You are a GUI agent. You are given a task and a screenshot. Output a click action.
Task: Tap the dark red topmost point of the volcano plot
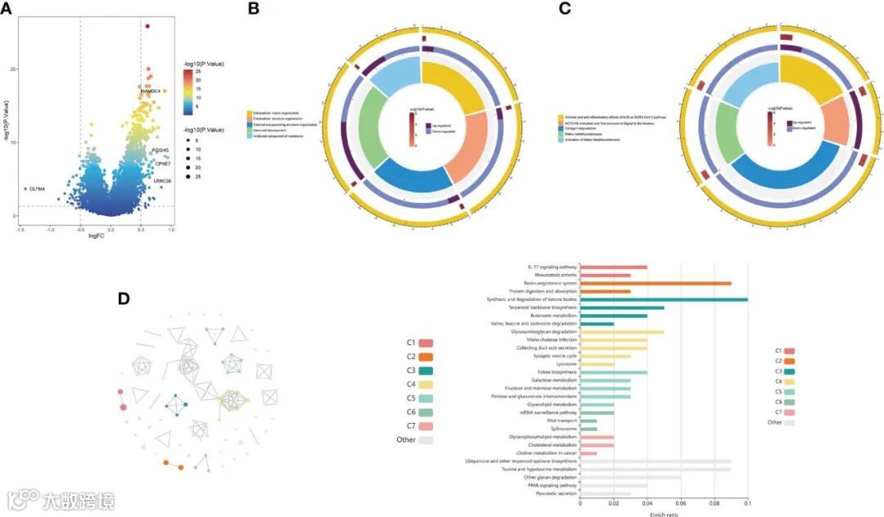(147, 26)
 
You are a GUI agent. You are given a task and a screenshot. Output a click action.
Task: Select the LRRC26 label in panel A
(162, 181)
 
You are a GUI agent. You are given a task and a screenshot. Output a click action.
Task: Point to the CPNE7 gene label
(161, 164)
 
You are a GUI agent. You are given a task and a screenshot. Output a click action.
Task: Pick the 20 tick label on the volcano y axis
(12, 69)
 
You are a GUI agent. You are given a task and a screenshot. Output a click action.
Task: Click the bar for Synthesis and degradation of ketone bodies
(664, 299)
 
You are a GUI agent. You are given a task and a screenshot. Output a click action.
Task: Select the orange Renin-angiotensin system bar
(656, 283)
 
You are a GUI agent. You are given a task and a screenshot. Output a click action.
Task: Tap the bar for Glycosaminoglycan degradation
(622, 332)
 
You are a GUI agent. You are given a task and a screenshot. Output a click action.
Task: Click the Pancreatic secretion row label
(557, 494)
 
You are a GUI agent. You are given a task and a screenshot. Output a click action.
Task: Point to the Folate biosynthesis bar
(613, 373)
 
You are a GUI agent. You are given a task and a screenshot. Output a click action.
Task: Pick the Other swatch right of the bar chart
(789, 423)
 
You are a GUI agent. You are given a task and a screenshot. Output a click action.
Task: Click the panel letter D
(124, 299)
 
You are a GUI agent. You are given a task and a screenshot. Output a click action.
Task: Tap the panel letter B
(253, 9)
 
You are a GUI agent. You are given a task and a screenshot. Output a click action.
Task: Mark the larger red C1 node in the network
(124, 407)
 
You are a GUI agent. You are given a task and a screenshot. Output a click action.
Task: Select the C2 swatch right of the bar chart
(789, 361)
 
